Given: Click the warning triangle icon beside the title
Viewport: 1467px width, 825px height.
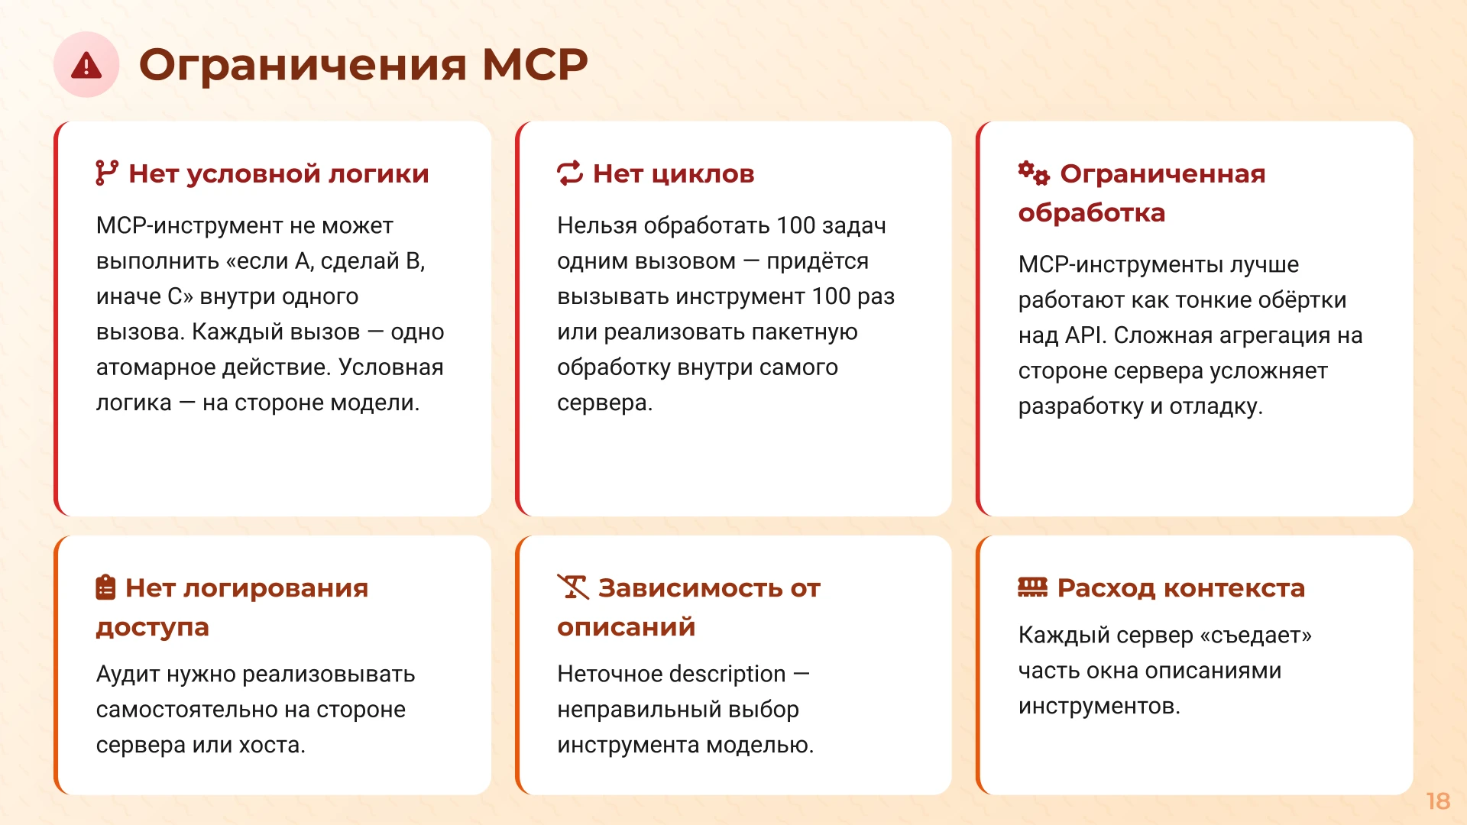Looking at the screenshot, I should coord(86,65).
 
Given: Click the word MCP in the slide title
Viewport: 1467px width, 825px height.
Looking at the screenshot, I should coord(535,65).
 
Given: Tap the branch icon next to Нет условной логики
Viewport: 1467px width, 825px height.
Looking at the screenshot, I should coord(106,173).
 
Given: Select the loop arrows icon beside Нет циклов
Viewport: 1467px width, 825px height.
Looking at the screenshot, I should coord(570,173).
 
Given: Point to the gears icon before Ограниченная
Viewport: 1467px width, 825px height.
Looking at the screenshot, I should coord(1033,173).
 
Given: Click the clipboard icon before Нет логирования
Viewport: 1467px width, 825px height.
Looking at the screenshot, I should coord(105,587).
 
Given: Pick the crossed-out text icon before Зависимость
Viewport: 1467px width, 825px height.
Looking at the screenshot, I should coord(572,587).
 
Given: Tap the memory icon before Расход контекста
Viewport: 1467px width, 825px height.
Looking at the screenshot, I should coord(1032,587).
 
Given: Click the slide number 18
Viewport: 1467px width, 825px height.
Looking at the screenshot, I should coord(1438,801).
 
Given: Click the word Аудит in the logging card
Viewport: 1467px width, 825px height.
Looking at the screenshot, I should coord(128,675).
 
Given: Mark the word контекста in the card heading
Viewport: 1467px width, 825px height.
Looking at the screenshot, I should coord(1234,588).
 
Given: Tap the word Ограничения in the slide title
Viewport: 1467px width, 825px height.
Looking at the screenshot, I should coord(303,65).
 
